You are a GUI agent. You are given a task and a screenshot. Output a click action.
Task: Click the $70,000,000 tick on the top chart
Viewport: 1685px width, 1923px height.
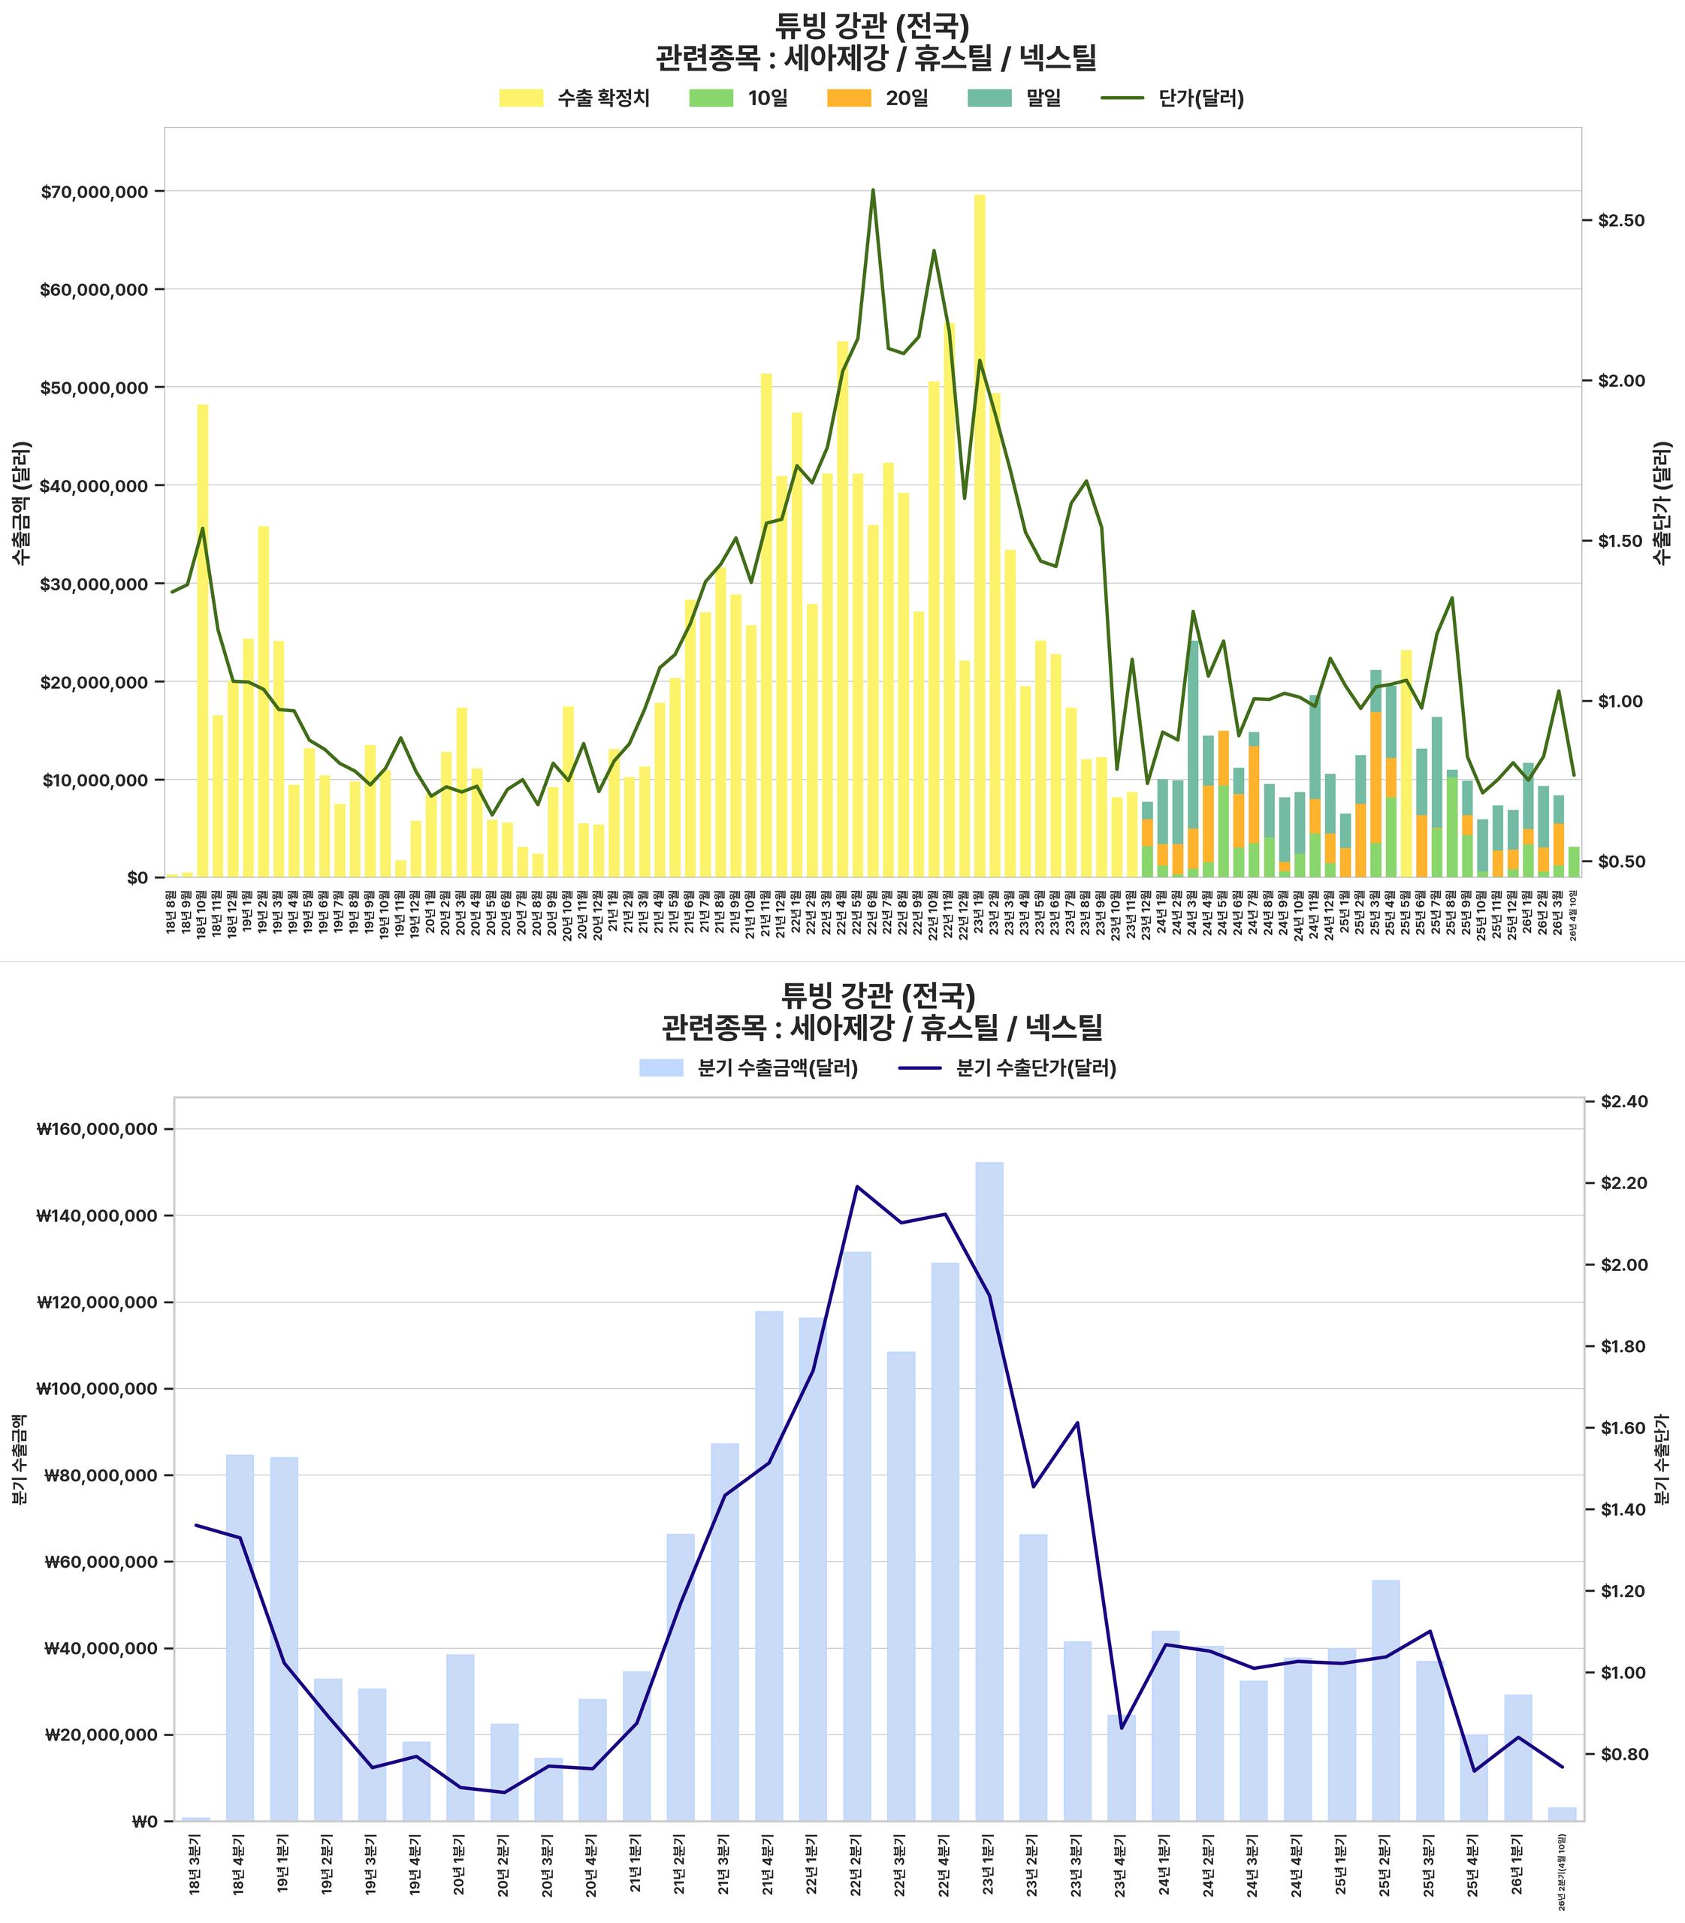point(94,192)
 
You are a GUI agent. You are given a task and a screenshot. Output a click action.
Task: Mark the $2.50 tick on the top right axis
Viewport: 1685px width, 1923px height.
point(1622,220)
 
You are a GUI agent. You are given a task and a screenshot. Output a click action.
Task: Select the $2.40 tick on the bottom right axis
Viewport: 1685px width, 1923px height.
point(1624,1101)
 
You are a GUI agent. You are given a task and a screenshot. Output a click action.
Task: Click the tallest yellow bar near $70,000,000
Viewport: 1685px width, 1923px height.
point(980,536)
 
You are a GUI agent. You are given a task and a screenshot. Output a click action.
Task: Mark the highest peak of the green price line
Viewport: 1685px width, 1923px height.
point(873,190)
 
